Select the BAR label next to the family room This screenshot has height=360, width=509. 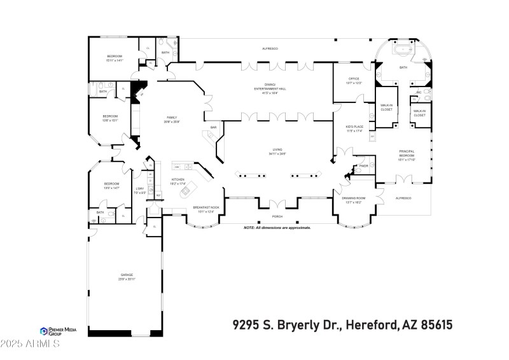pyautogui.click(x=214, y=127)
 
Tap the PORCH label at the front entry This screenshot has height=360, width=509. pyautogui.click(x=277, y=215)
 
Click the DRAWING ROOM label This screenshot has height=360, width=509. pyautogui.click(x=353, y=200)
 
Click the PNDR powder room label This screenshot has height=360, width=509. pyautogui.click(x=364, y=165)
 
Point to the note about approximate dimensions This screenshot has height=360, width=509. pyautogui.click(x=277, y=227)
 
